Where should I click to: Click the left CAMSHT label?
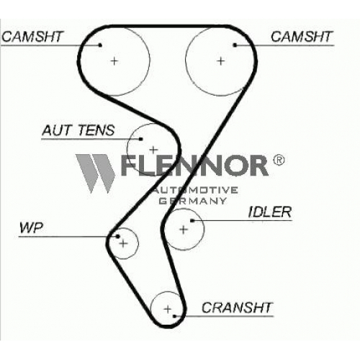coord(32,37)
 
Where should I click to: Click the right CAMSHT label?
coord(301,37)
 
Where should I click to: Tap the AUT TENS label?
coord(78,130)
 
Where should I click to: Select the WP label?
coord(31,228)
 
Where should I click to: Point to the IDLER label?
coord(270,212)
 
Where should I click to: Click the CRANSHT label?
coord(237,307)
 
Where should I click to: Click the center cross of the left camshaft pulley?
coord(114,61)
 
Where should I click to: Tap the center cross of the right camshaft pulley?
coord(221,61)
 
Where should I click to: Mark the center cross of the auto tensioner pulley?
coord(153,150)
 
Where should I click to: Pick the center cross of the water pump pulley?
coord(123,244)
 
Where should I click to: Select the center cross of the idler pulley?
coord(184,230)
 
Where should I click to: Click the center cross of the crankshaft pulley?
coord(168,309)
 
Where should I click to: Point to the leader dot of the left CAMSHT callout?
coord(100,45)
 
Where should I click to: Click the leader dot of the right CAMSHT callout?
coord(235,45)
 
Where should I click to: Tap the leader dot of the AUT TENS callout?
coord(141,139)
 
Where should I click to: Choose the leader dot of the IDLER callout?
coord(192,220)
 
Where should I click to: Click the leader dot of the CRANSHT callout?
coord(175,316)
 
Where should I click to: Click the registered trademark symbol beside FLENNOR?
coord(279,160)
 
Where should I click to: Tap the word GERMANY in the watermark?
coord(193,201)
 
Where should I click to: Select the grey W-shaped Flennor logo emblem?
coord(96,174)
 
